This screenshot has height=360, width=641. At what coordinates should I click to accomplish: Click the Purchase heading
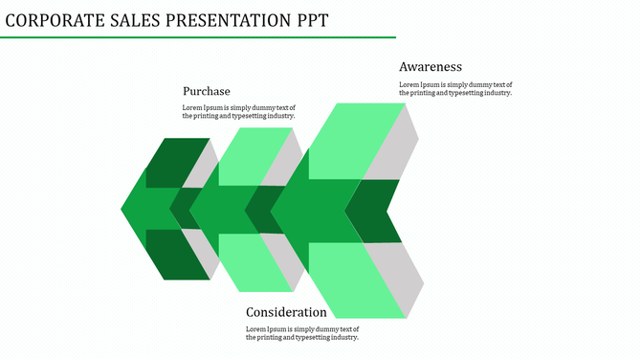coord(207,91)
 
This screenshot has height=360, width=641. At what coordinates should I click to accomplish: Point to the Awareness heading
coord(431,67)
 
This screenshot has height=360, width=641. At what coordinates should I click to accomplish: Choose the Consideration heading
coord(286,312)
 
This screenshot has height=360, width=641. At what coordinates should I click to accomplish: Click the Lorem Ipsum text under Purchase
coord(239,111)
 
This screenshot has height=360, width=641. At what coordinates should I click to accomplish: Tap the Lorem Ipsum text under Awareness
coord(455,88)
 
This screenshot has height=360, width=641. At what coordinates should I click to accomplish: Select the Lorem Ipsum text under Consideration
coord(302,333)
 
